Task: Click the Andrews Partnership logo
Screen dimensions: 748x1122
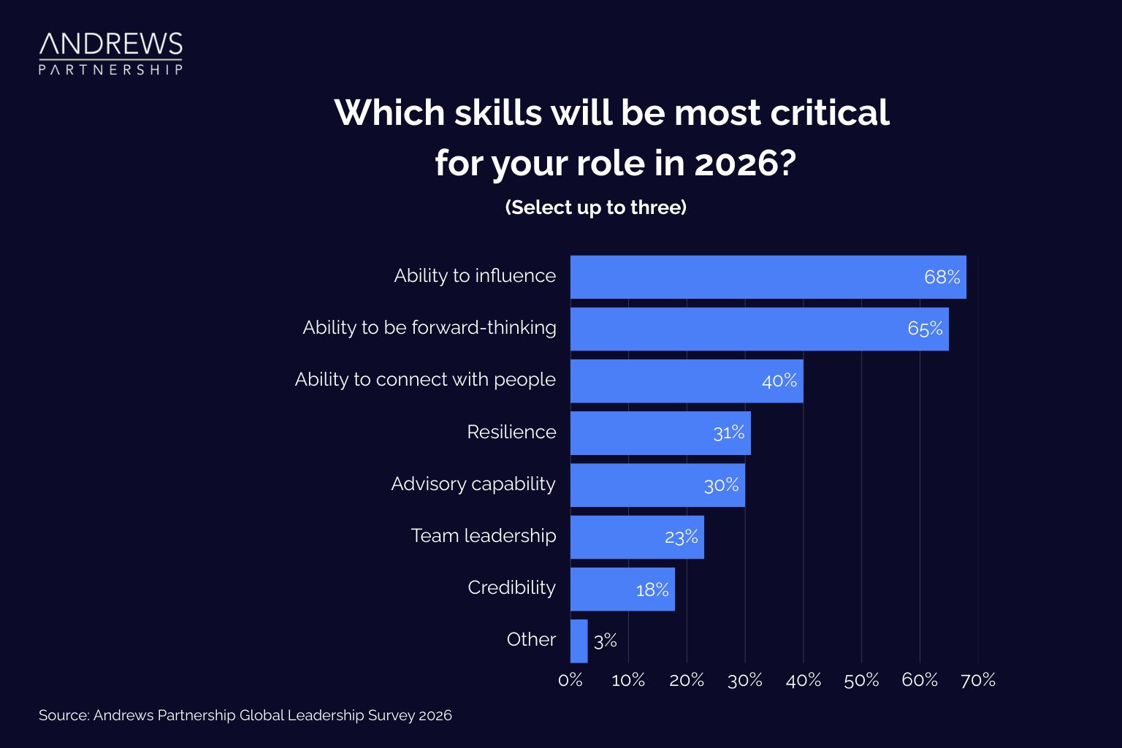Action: tap(110, 53)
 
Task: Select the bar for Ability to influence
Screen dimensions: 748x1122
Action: tap(767, 277)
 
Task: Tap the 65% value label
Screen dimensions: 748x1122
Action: tap(925, 329)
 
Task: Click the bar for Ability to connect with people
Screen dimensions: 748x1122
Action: tap(687, 381)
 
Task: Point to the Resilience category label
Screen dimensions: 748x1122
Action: tap(511, 432)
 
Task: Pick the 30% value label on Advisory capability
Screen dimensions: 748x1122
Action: tap(721, 485)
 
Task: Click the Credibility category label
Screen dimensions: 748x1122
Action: tap(511, 587)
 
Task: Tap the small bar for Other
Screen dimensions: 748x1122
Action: tap(579, 641)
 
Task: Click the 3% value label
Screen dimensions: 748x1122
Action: tap(606, 641)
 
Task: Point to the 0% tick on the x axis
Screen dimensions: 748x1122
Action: tap(570, 680)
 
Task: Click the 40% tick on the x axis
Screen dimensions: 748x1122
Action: tap(803, 680)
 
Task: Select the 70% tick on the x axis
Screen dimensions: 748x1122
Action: tap(977, 680)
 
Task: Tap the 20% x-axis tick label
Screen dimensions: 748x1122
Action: tap(687, 680)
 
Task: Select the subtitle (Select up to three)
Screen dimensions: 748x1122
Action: tap(595, 207)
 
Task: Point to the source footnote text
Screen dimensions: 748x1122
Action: tap(245, 715)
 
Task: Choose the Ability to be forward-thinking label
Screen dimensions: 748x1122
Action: tap(430, 327)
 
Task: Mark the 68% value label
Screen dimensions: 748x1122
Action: tap(942, 277)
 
